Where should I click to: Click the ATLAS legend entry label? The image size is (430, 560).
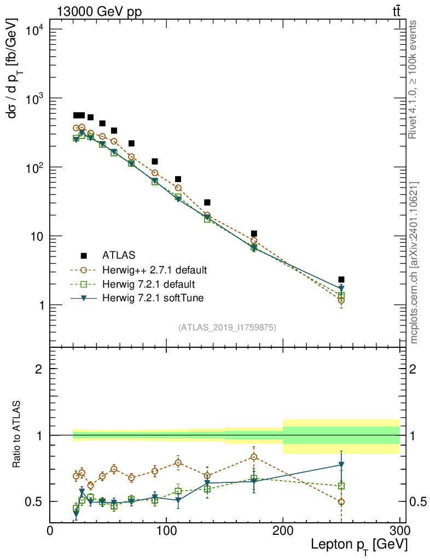119,255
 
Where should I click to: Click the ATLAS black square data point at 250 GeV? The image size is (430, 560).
341,279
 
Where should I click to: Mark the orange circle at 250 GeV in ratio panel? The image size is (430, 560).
341,501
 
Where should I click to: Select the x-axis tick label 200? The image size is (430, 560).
283,530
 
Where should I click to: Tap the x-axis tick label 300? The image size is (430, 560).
399,530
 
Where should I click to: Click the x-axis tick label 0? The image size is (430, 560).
50,530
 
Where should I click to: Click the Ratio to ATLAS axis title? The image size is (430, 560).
19,435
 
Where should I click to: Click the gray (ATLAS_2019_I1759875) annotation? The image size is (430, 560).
227,328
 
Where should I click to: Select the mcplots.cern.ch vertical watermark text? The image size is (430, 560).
414,262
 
